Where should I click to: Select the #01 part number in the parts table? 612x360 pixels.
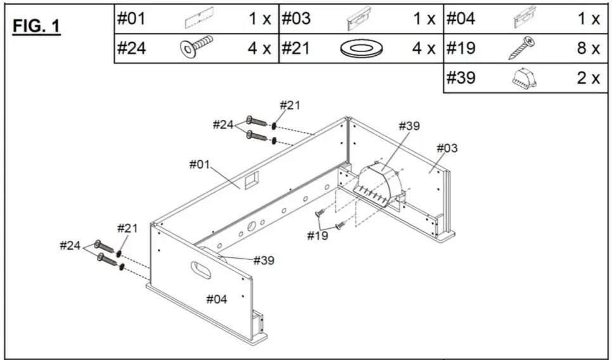[x=132, y=19]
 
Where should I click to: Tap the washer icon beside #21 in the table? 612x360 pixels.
[x=359, y=49]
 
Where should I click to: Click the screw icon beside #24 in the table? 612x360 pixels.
[x=196, y=48]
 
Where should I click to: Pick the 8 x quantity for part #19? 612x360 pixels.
[x=587, y=49]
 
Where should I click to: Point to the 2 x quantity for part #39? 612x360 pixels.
[x=587, y=79]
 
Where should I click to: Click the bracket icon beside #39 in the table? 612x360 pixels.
[x=524, y=79]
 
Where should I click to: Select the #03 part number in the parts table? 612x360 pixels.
[x=296, y=19]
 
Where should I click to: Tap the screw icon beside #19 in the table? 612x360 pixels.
[x=523, y=49]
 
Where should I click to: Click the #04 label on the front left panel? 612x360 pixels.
[x=217, y=299]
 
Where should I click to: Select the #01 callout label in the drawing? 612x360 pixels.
[x=199, y=164]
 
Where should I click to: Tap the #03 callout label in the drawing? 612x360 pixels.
[x=447, y=148]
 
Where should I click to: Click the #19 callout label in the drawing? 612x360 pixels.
[x=318, y=236]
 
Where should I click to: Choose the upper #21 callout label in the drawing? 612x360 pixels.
[x=290, y=105]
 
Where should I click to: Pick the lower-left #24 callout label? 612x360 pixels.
[x=70, y=245]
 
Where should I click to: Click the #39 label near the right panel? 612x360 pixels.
[x=409, y=125]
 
